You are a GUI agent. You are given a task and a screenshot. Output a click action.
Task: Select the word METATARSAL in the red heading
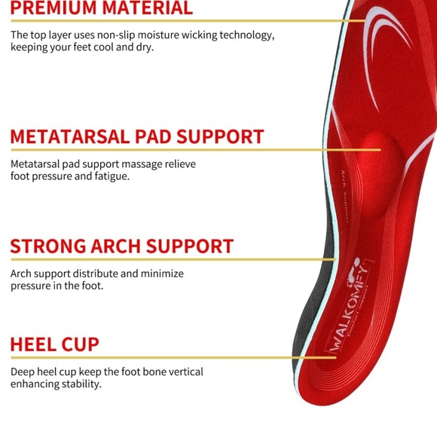click(72, 137)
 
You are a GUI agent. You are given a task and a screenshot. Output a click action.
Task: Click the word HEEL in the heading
click(32, 345)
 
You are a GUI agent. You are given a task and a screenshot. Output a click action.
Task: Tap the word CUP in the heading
click(81, 345)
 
